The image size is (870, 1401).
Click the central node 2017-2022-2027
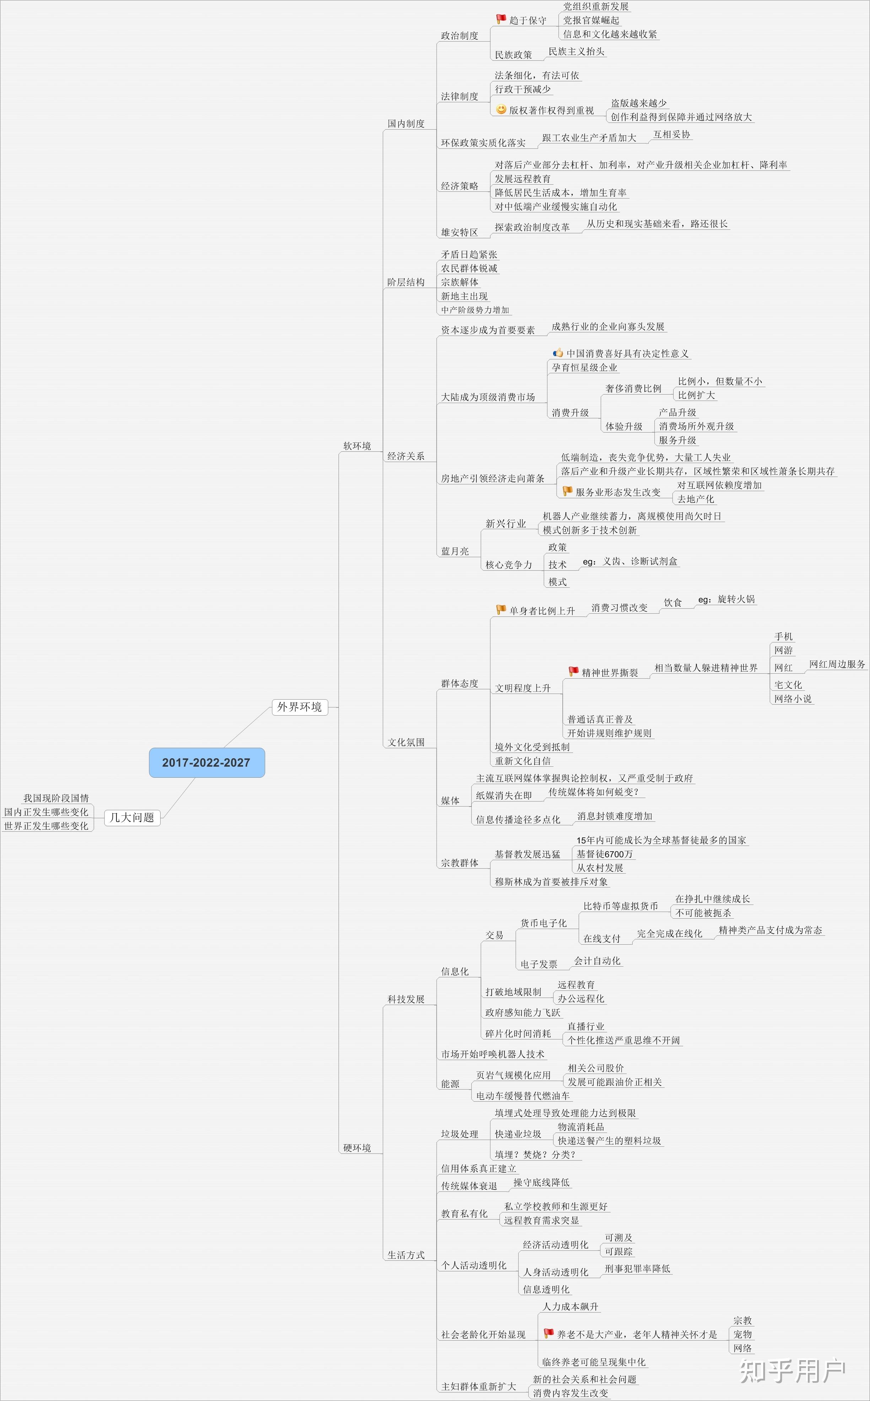pyautogui.click(x=206, y=762)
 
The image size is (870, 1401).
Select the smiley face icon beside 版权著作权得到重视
pyautogui.click(x=501, y=109)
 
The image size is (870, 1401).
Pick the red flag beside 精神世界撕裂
pyautogui.click(x=573, y=671)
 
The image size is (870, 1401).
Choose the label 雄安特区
pyautogui.click(x=459, y=232)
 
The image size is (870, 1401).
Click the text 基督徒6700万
pyautogui.click(x=604, y=854)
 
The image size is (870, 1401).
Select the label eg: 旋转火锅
pyautogui.click(x=726, y=599)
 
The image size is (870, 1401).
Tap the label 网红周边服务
pyautogui.click(x=837, y=664)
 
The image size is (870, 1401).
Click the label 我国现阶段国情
pyautogui.click(x=56, y=798)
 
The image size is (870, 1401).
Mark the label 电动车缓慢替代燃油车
pyautogui.click(x=523, y=1096)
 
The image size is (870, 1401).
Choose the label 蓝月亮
pyautogui.click(x=455, y=551)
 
